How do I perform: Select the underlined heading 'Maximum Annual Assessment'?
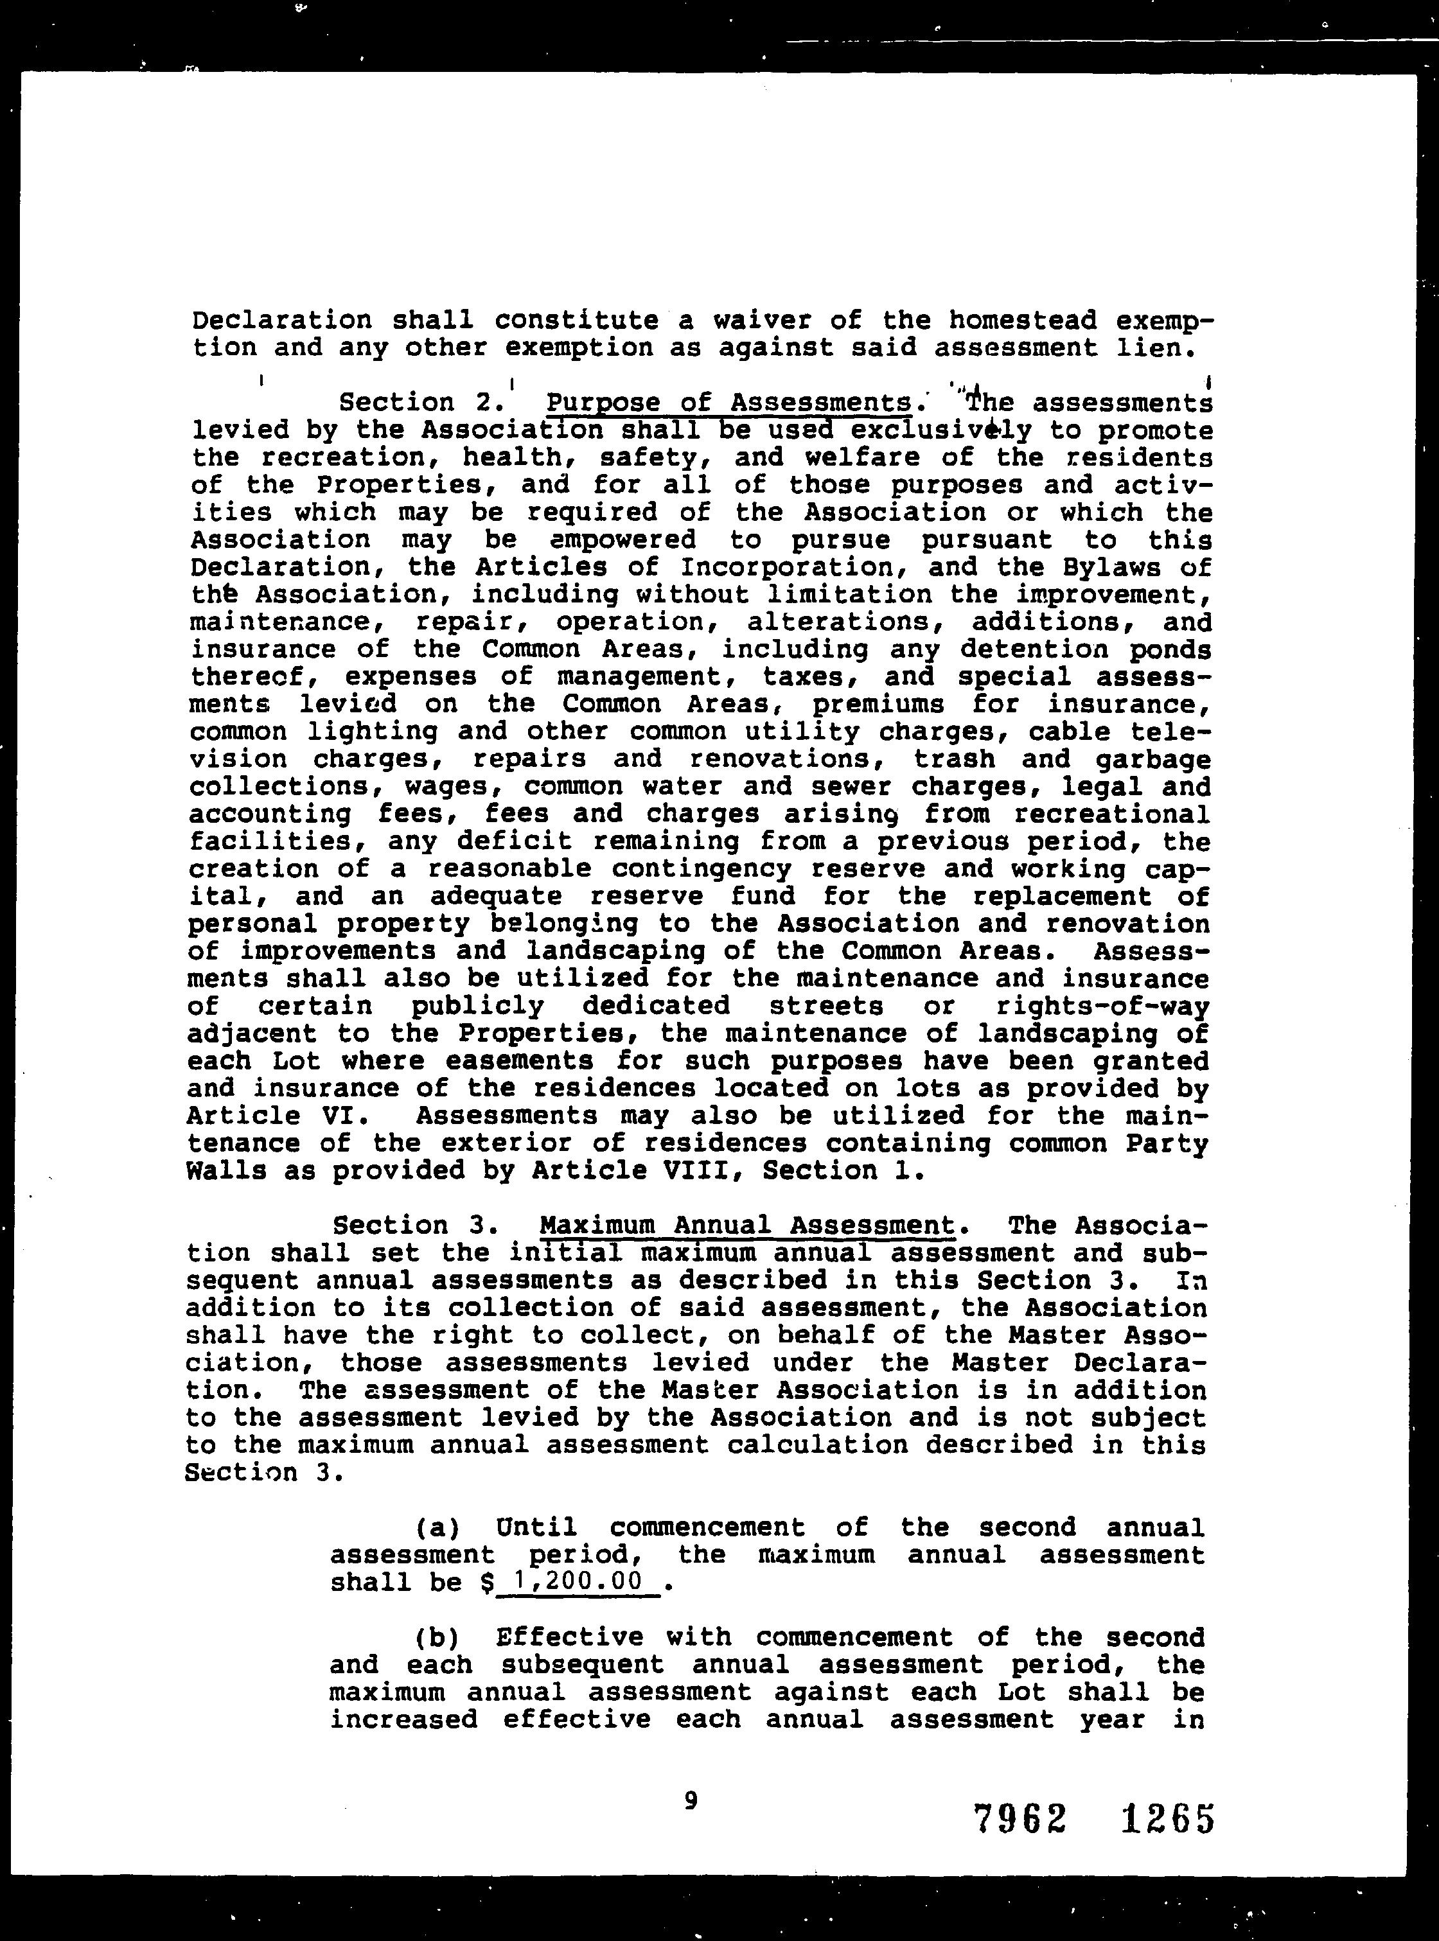point(747,1226)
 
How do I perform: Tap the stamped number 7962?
point(1020,1818)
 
